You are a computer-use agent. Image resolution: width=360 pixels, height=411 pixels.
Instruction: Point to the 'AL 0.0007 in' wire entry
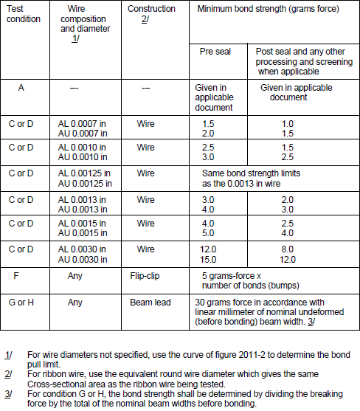point(83,123)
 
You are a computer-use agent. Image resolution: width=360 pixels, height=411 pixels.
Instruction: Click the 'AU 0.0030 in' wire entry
point(83,259)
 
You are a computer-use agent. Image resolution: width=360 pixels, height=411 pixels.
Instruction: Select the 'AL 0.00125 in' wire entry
point(85,173)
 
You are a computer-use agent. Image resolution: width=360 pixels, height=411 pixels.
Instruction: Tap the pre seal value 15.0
point(209,259)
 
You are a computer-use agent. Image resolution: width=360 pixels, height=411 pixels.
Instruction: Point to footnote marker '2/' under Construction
point(145,19)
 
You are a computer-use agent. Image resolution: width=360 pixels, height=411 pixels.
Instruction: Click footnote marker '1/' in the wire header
point(76,38)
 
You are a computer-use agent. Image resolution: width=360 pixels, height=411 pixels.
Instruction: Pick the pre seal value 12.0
point(209,250)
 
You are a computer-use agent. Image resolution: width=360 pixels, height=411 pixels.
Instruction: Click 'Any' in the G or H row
point(75,302)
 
